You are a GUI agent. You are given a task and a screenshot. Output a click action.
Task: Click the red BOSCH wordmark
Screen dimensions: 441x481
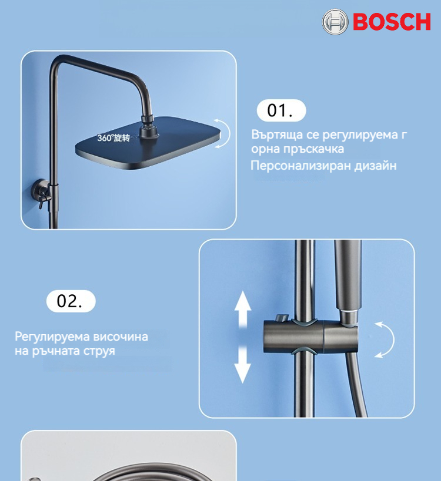pos(392,22)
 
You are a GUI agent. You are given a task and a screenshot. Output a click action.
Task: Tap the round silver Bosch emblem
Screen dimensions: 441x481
pos(335,22)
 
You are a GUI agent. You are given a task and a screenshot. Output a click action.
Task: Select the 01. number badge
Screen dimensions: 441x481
pos(281,110)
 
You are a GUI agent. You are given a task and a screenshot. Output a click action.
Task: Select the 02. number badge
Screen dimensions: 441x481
pos(71,301)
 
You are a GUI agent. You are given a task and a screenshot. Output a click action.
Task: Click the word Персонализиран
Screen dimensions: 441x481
pos(300,166)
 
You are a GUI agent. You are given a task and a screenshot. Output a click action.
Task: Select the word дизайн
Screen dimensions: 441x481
pos(375,166)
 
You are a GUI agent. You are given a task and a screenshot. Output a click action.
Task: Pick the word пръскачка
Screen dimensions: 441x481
pos(313,149)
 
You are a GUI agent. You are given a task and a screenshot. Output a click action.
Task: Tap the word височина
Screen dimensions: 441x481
pos(121,337)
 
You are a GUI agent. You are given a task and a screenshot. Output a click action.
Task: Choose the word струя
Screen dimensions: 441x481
pos(99,351)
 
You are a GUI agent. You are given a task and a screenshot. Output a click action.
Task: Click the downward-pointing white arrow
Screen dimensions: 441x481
pos(243,365)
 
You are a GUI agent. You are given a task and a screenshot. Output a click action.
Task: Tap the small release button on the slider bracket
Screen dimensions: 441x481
pos(282,318)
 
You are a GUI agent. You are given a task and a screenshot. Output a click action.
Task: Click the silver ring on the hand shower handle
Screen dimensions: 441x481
pos(349,312)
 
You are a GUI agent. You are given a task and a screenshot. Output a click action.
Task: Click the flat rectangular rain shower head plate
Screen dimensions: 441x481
pos(148,143)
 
